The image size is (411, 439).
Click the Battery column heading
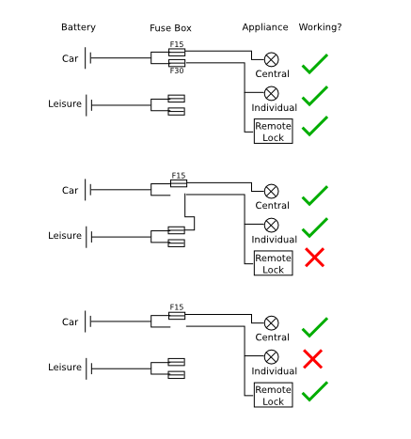coord(78,27)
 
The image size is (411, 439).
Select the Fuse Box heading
coord(170,28)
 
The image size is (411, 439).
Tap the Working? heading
coord(320,27)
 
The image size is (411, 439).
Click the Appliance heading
coord(265,27)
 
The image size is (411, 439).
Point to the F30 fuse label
coord(177,71)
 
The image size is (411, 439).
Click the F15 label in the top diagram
coord(177,44)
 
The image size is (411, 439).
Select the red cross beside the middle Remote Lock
coord(314,258)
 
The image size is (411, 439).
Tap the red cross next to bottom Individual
coord(312,359)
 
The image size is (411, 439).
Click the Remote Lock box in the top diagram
coord(274,132)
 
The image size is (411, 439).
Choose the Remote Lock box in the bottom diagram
coord(274,395)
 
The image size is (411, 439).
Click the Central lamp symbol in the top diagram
coord(272,59)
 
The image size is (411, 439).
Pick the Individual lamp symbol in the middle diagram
coord(272,225)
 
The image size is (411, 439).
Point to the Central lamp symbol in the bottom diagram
coord(272,323)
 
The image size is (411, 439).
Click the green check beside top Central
coord(314,64)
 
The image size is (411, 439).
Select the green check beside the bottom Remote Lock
coord(314,392)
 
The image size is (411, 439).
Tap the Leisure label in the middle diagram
coord(65,236)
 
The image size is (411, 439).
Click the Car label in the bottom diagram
coord(70,322)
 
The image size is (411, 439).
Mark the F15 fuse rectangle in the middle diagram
coord(179,183)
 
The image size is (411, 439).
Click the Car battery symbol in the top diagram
coord(87,58)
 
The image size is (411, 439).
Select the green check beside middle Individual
coord(314,227)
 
